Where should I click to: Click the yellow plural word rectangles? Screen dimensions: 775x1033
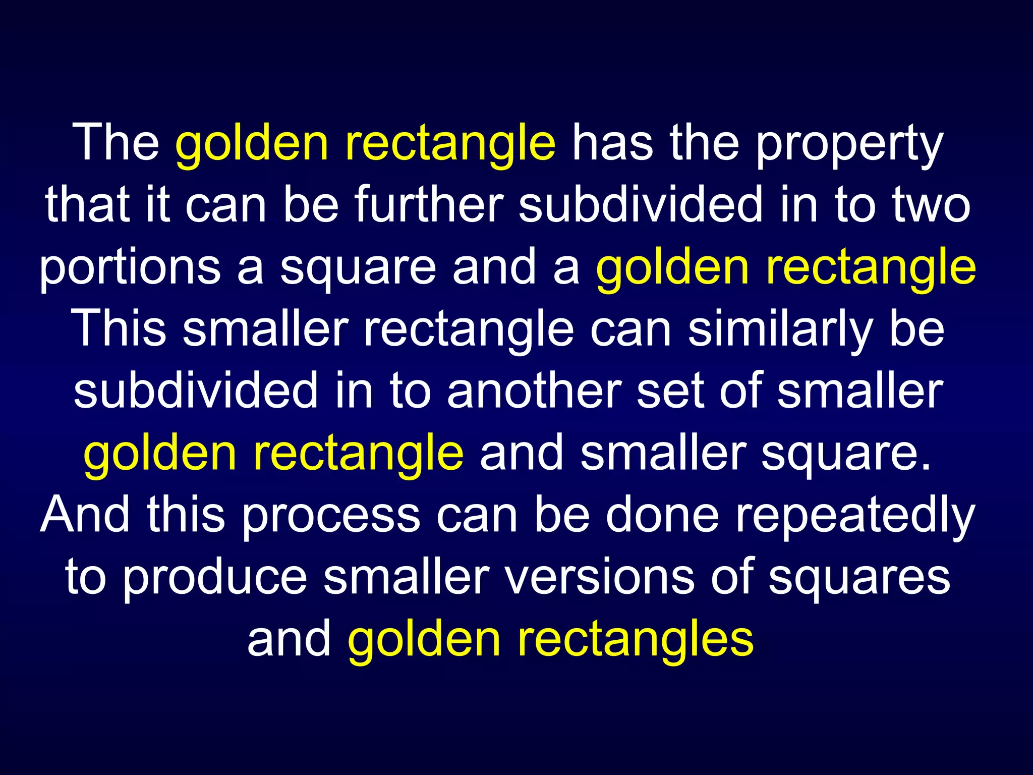636,641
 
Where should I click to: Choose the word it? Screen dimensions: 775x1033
157,204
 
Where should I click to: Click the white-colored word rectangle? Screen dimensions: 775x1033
469,330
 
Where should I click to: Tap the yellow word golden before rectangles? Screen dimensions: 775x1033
424,641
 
